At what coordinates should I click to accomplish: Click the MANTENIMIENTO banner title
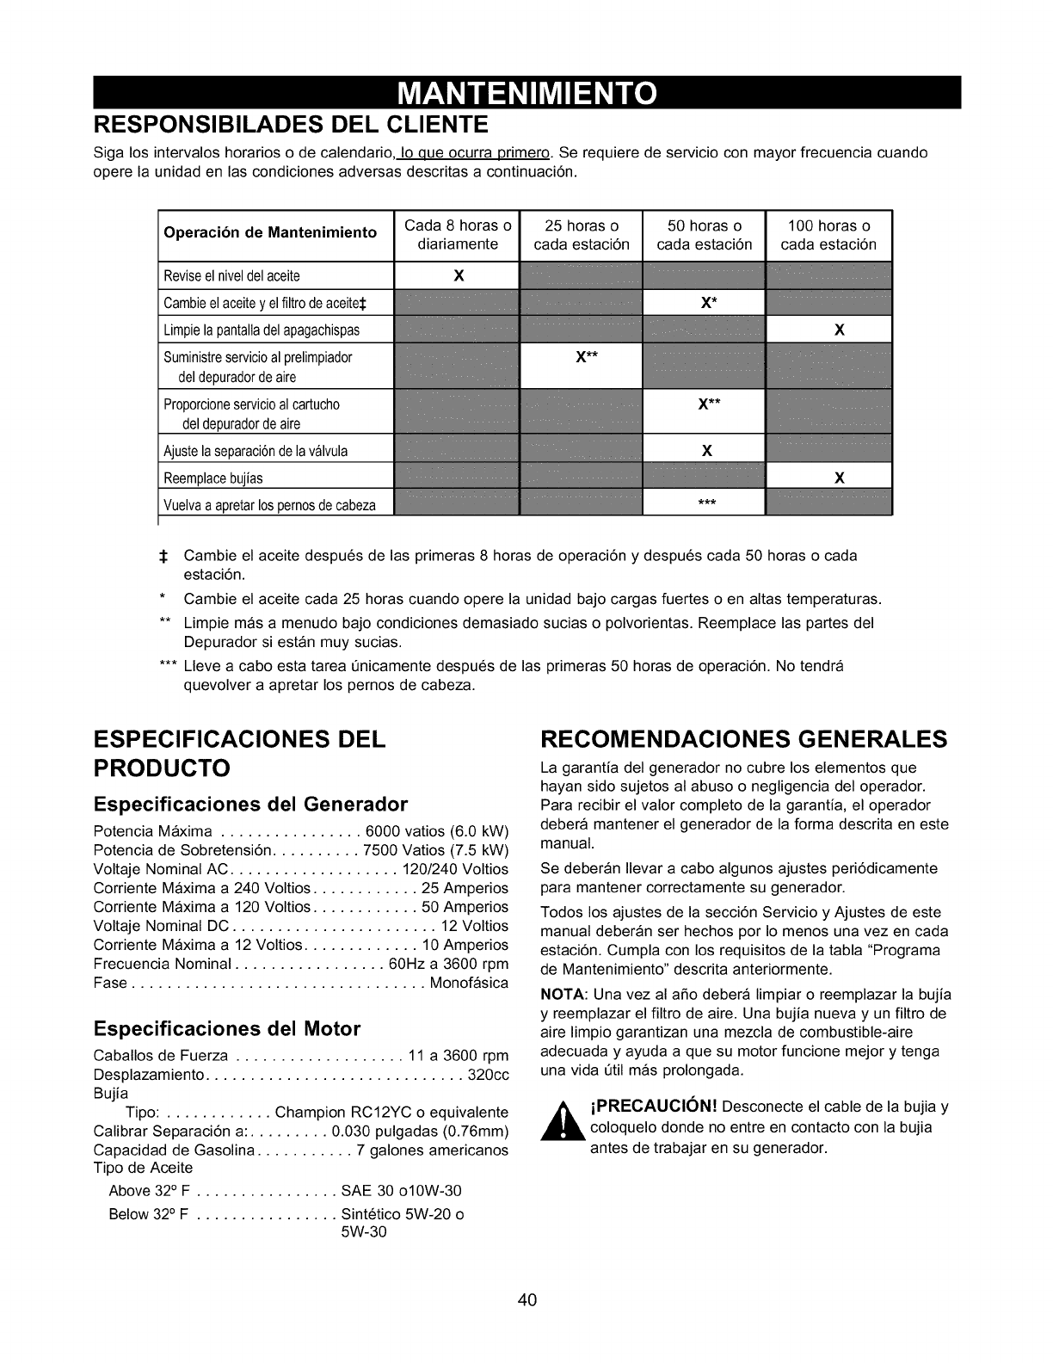pyautogui.click(x=526, y=92)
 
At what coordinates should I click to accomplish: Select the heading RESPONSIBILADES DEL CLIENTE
pyautogui.click(x=291, y=125)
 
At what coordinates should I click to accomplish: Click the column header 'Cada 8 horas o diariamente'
pyautogui.click(x=458, y=235)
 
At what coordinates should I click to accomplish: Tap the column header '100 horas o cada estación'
pyautogui.click(x=828, y=235)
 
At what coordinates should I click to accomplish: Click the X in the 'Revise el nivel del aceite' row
pyautogui.click(x=459, y=276)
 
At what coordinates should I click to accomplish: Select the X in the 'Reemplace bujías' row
pyautogui.click(x=840, y=478)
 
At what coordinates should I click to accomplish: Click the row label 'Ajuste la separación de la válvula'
pyautogui.click(x=256, y=451)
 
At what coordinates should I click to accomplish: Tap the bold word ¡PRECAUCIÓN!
pyautogui.click(x=653, y=1106)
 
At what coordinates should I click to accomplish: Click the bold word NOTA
pyautogui.click(x=557, y=994)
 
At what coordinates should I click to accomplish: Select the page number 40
pyautogui.click(x=527, y=1300)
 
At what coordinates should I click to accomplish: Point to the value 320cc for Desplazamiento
pyautogui.click(x=489, y=1075)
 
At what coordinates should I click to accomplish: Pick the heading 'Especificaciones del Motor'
pyautogui.click(x=227, y=1029)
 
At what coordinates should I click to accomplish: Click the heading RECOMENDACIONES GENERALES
pyautogui.click(x=743, y=739)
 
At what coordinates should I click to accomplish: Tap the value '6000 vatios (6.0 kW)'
pyautogui.click(x=437, y=831)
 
